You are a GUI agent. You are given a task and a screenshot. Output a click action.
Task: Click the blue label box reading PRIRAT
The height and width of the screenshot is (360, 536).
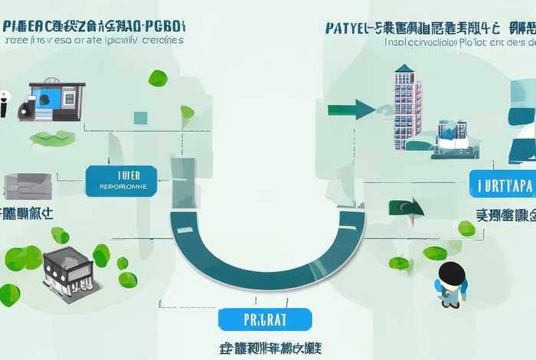click(265, 319)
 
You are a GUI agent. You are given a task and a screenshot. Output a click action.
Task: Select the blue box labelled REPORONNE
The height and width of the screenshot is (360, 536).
click(122, 179)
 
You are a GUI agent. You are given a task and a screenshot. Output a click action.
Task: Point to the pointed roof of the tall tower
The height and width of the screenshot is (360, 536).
click(405, 70)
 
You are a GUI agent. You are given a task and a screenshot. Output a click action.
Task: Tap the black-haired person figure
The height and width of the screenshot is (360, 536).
click(451, 284)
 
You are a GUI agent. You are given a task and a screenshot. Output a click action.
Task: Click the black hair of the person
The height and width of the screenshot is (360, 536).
click(453, 272)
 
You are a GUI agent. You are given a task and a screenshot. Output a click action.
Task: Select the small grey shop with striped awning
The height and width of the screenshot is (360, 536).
click(68, 269)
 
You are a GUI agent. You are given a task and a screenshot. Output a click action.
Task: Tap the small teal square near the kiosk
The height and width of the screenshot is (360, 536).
click(140, 117)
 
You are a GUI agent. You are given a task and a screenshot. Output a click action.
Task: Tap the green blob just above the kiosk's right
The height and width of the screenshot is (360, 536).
click(157, 77)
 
